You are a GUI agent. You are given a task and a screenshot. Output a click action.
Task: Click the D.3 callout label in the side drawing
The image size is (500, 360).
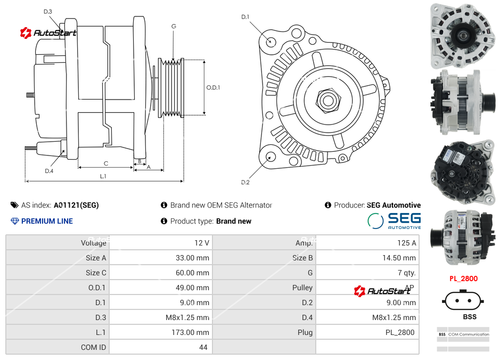click(x=48, y=11)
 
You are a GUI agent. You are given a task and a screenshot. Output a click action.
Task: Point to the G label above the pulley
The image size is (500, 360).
click(x=174, y=26)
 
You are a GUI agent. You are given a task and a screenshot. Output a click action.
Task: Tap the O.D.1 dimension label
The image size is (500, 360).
click(x=213, y=88)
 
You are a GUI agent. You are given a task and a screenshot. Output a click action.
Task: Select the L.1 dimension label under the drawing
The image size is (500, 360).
click(x=103, y=176)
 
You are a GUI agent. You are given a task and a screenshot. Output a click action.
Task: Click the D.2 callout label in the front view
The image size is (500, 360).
click(x=245, y=182)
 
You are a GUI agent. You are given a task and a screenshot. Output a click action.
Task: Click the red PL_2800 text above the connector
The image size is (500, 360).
click(x=463, y=279)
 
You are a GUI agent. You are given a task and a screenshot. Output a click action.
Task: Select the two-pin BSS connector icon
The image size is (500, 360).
click(x=463, y=300)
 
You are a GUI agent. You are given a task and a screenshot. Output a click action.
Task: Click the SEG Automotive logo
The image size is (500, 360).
click(x=394, y=221)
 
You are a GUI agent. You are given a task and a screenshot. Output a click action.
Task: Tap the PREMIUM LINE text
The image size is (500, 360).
click(x=47, y=221)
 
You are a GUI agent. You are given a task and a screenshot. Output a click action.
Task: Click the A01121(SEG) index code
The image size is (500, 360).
click(x=76, y=205)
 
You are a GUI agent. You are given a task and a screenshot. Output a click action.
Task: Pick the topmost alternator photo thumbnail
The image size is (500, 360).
click(x=463, y=35)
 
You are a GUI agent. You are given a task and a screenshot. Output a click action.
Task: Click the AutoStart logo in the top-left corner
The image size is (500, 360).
click(x=48, y=33)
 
